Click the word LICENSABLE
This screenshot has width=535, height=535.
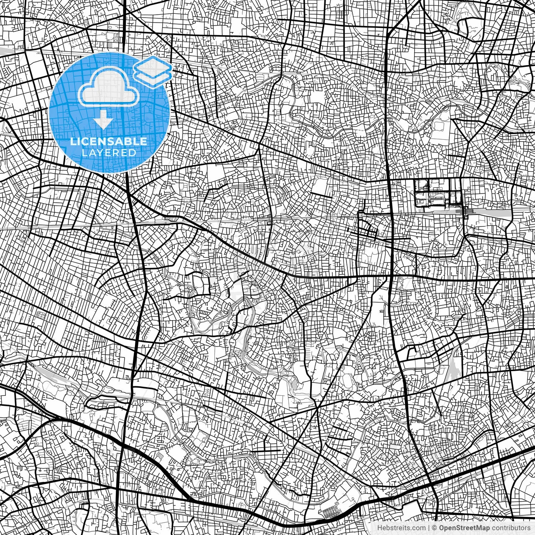point(109,141)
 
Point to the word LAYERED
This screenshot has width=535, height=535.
point(109,153)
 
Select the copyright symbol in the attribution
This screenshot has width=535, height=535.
point(435,528)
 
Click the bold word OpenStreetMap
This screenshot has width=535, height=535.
point(464,528)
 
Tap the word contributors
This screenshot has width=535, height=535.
point(510,528)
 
